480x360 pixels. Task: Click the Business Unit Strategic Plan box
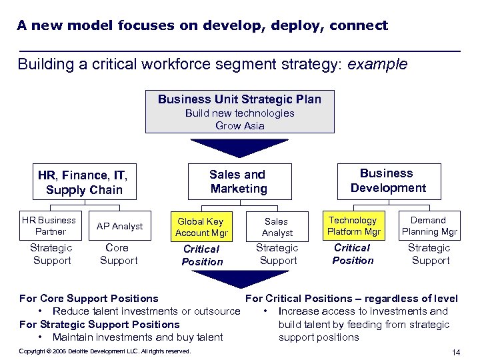point(240,111)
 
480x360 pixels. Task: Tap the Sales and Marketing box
point(238,181)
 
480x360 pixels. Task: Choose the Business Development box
point(387,181)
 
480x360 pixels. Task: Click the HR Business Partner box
point(49,225)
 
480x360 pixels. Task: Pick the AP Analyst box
point(119,226)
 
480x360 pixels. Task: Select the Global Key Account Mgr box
point(201,227)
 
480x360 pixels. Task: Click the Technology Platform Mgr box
point(353,226)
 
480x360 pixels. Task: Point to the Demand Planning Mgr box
point(429,226)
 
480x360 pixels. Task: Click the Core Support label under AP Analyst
point(118,253)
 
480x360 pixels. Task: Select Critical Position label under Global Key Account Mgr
point(202,255)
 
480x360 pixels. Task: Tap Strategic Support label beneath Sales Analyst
point(277,253)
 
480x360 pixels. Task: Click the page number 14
point(456,352)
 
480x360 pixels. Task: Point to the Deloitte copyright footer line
point(105,351)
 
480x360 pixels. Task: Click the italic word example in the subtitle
point(378,65)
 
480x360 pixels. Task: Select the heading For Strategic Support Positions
point(99,325)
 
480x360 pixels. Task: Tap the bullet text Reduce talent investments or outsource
point(146,311)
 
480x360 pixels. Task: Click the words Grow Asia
point(240,125)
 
